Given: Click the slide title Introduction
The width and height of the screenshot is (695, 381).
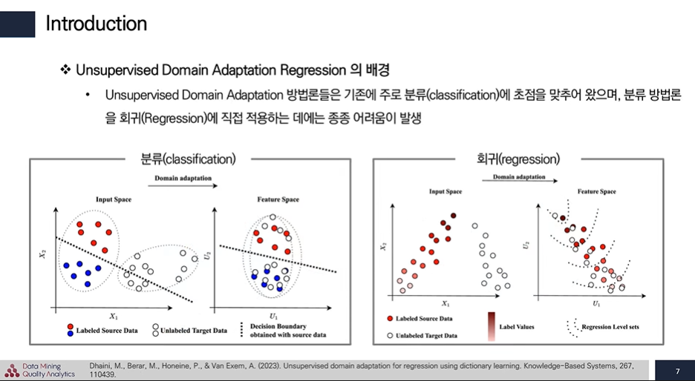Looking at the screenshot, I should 96,23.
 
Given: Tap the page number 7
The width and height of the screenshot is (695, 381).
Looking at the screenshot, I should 677,370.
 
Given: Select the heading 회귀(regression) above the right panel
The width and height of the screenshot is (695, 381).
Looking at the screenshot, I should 518,159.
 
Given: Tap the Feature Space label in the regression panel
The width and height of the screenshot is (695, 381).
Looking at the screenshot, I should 596,192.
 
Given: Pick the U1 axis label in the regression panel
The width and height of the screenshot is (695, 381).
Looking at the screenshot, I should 596,304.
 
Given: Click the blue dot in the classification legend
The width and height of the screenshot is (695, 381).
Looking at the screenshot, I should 70,333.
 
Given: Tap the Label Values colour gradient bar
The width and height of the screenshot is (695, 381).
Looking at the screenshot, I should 491,326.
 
